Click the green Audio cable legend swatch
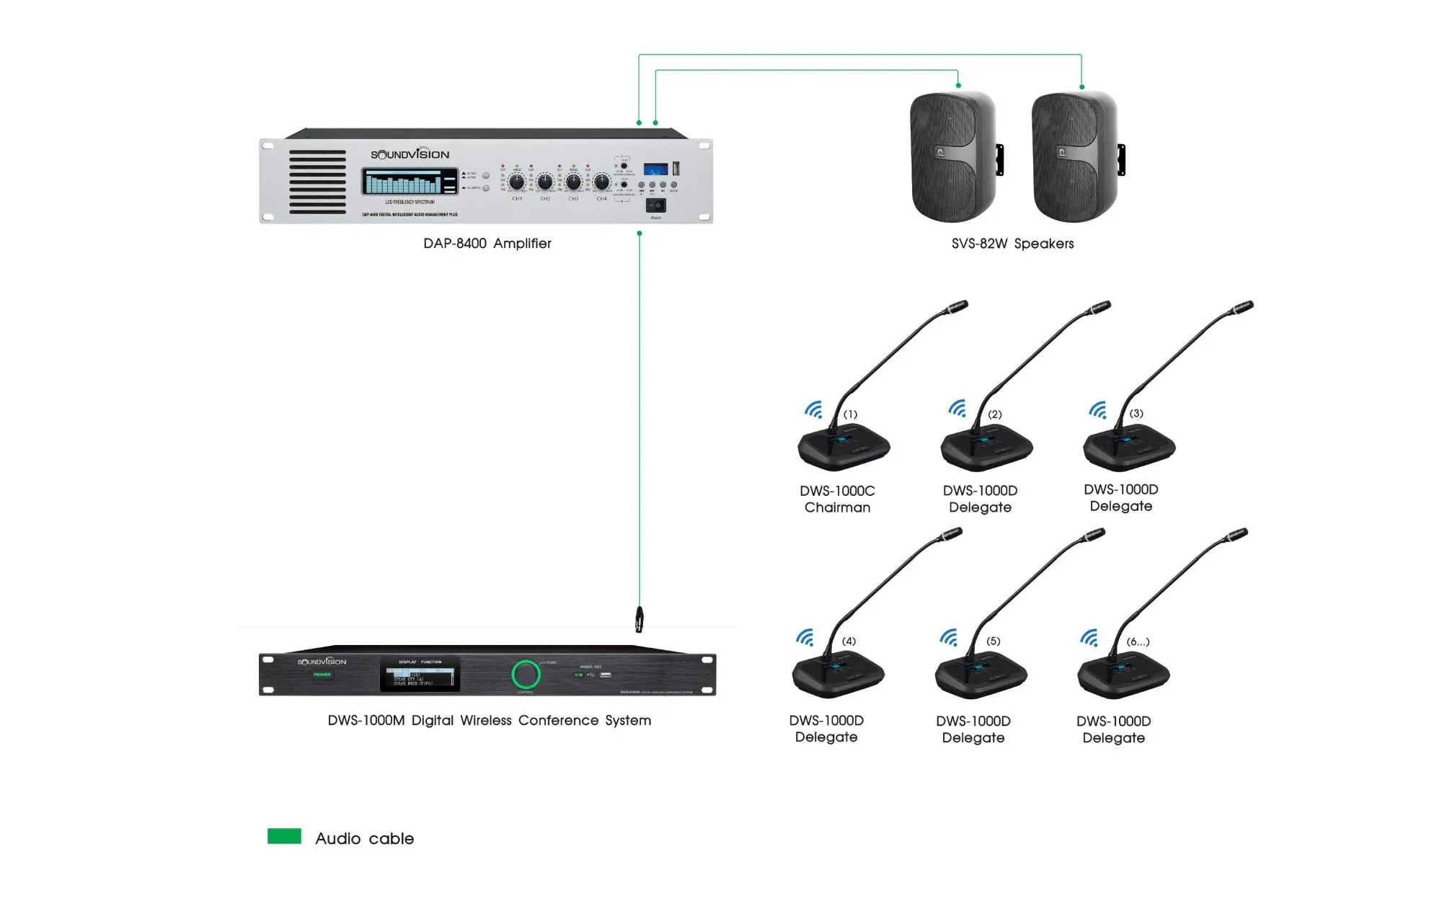284,836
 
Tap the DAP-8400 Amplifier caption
487,244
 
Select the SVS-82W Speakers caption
1012,244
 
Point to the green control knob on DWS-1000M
526,675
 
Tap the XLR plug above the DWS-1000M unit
639,619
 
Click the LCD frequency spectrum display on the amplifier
410,182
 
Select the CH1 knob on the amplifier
516,182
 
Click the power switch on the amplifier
655,205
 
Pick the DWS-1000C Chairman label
837,499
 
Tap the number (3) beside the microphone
1136,413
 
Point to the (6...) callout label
1138,642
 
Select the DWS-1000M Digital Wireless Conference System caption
489,720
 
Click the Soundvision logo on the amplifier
410,154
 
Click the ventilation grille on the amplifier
317,182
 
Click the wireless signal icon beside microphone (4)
805,637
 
